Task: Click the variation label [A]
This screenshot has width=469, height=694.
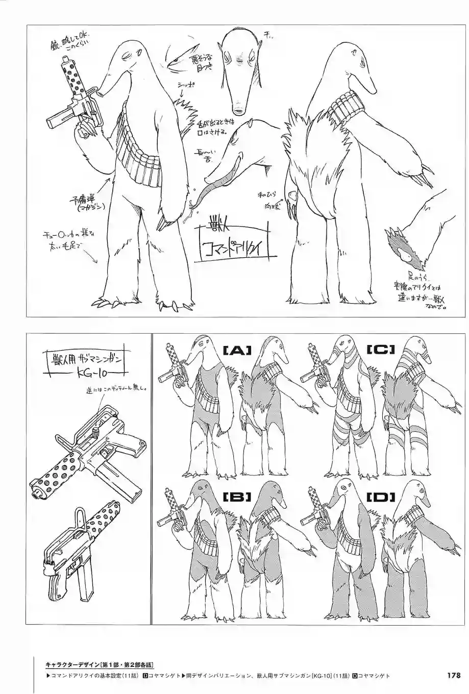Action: pos(237,350)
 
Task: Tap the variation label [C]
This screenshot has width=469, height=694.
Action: pos(381,350)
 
